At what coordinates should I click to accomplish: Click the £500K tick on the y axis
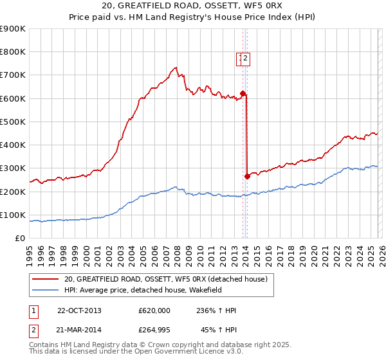(x=13, y=122)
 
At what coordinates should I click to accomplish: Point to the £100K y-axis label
(x=13, y=215)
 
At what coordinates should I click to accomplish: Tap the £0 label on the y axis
(x=21, y=238)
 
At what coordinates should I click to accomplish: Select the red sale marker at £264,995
(x=247, y=176)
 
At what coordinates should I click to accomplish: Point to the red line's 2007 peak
(x=175, y=66)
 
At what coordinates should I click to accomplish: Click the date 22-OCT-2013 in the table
(x=79, y=310)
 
